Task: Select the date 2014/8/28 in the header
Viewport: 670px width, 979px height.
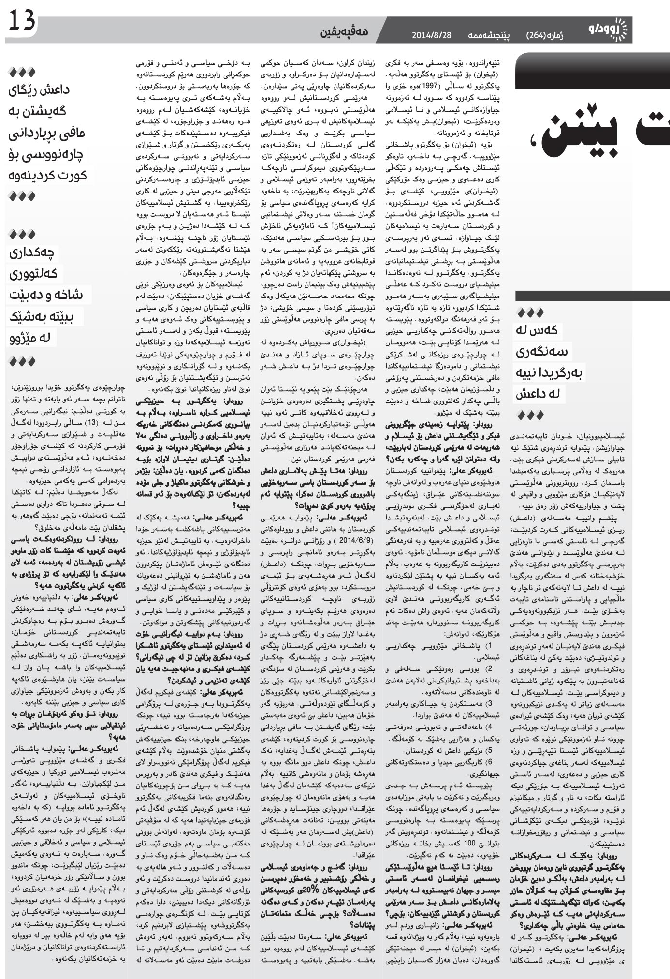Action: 431,35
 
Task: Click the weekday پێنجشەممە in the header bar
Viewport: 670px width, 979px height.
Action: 489,35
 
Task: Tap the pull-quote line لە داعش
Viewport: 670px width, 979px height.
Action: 537,394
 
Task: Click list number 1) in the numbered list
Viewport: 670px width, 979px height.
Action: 488,646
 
